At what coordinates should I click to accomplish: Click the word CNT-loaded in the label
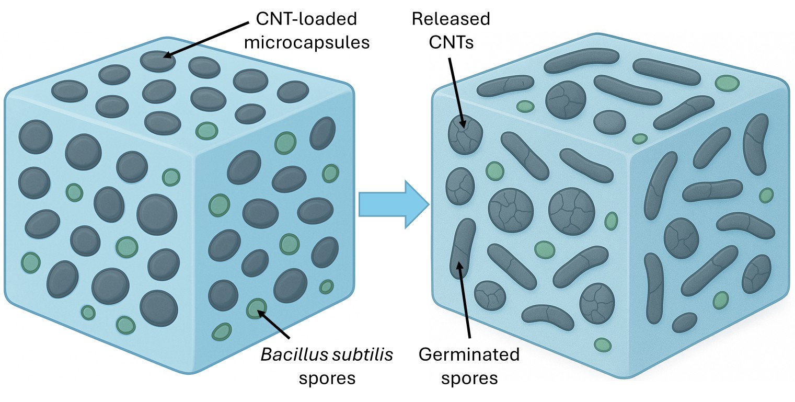pos(306,20)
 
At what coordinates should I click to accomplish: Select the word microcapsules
pos(307,42)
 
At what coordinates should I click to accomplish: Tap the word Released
pos(451,20)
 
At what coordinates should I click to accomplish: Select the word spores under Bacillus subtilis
pos(327,377)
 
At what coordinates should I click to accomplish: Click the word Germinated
pos(469,355)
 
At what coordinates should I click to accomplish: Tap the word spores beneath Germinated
pos(469,377)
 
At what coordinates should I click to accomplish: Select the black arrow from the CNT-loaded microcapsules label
pos(207,38)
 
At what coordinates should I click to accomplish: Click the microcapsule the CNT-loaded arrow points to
pos(158,61)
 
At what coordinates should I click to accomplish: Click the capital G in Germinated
pos(426,355)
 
